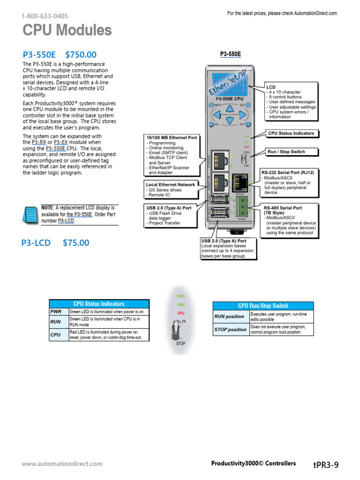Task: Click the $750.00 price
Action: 81,55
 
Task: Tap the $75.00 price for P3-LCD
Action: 75,243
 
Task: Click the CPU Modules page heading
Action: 67,31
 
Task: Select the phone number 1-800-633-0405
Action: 45,16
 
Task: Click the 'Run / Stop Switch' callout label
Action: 286,152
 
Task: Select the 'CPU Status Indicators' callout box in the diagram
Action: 291,134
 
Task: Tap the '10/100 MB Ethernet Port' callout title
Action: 172,138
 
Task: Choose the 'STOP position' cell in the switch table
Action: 230,330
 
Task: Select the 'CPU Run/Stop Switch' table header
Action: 263,306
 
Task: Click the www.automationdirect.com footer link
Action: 62,464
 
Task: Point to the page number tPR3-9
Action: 325,465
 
